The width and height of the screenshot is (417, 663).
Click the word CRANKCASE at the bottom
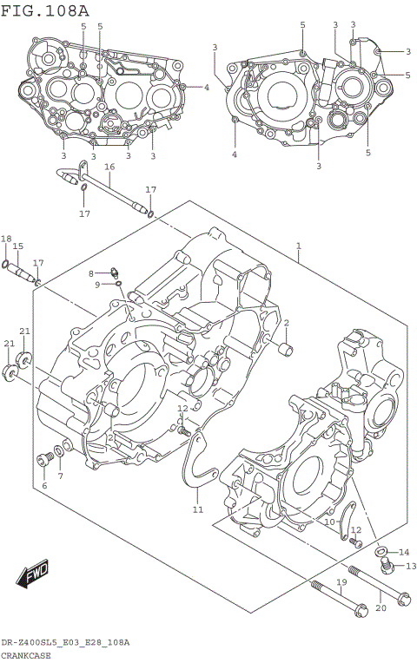26,655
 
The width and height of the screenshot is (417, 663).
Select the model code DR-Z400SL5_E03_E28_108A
65,642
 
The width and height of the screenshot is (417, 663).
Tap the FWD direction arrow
34,574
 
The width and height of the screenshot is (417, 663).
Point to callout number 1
298,246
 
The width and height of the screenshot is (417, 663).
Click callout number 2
285,323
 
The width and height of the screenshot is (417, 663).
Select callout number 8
90,273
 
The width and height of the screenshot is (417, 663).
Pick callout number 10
330,522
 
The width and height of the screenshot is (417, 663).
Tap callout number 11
198,509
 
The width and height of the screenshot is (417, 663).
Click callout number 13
411,566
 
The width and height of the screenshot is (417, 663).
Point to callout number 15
17,247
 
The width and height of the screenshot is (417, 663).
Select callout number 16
109,167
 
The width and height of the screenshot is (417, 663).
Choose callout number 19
341,581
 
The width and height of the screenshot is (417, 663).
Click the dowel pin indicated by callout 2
282,351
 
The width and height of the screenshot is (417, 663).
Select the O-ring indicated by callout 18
6,264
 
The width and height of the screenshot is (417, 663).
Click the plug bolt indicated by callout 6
42,459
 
